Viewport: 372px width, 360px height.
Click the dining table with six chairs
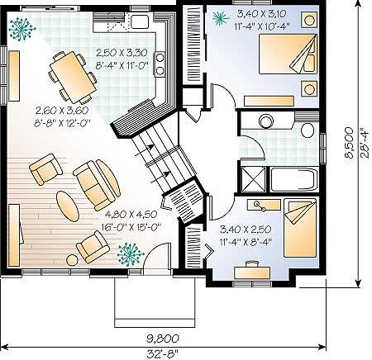coord(73,77)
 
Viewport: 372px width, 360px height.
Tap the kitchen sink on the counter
coord(140,21)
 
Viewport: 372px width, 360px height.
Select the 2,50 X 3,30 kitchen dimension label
coord(122,52)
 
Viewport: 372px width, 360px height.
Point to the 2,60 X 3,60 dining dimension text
coord(62,111)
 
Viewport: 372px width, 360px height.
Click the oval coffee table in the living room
coord(68,206)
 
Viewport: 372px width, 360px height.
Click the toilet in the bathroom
coord(308,130)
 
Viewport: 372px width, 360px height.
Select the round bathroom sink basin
coord(266,121)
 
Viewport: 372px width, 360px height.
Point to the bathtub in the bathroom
coord(294,179)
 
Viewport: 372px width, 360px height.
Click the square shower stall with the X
coord(253,180)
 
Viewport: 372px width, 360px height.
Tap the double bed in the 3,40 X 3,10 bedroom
coord(288,54)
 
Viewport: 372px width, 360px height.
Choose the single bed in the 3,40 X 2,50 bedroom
coord(300,228)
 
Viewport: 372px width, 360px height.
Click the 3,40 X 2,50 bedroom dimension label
coord(246,229)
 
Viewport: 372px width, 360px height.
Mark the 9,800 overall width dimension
coord(162,339)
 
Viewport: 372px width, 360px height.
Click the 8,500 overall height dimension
coord(349,142)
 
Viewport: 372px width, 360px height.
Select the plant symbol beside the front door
coord(131,254)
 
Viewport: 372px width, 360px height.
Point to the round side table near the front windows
coord(73,260)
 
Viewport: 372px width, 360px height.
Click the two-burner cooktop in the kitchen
coord(160,64)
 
